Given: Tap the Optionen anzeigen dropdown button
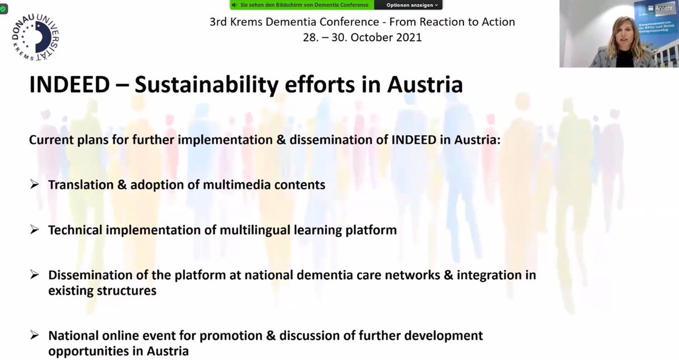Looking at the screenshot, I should pos(412,5).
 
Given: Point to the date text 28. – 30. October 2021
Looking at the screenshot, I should pos(362,38).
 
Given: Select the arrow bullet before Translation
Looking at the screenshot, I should pos(35,185).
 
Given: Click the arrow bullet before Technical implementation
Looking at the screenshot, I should pos(35,230).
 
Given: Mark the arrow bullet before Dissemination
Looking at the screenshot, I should pos(35,275).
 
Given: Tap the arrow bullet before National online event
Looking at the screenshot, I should pos(35,336).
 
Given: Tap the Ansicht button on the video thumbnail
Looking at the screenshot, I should pos(662,8).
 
